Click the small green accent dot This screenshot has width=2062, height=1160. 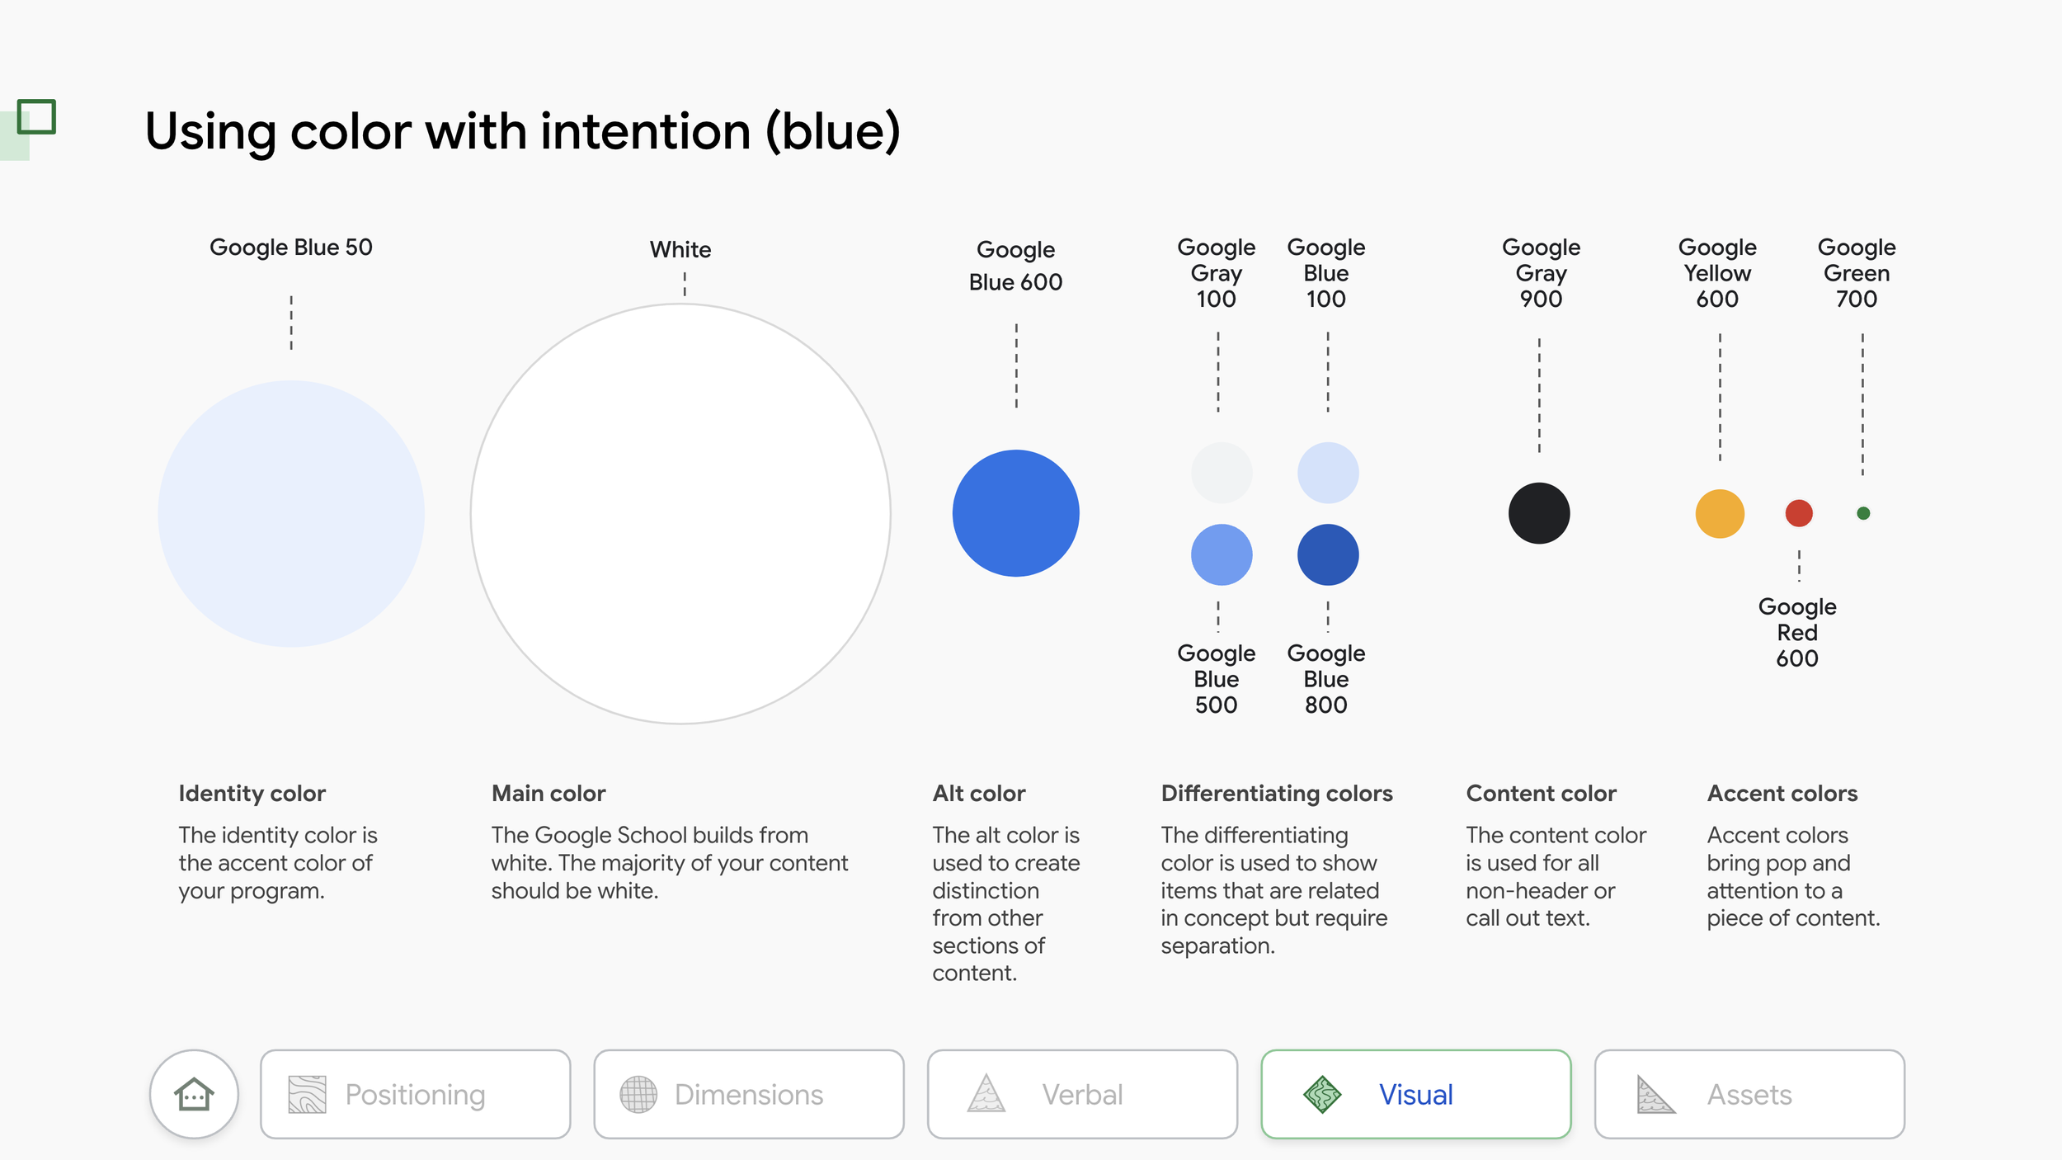pyautogui.click(x=1863, y=513)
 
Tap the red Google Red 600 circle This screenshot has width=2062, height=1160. pyautogui.click(x=1799, y=513)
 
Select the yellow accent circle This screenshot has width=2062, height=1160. pyautogui.click(x=1720, y=513)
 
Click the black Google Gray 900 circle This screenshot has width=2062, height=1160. pyautogui.click(x=1539, y=513)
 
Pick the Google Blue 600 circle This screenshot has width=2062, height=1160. pyautogui.click(x=1015, y=513)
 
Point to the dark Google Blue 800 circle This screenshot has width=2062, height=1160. pyautogui.click(x=1328, y=554)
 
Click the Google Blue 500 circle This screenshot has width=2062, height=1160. pyautogui.click(x=1222, y=554)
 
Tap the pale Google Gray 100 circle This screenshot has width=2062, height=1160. pyautogui.click(x=1222, y=473)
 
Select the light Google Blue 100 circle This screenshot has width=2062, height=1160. pyautogui.click(x=1328, y=473)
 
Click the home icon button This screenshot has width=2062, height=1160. pyautogui.click(x=194, y=1094)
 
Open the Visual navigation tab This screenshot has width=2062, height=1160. pyautogui.click(x=1415, y=1094)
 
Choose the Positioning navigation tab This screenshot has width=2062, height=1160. pyautogui.click(x=415, y=1094)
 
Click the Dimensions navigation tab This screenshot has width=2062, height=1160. pyautogui.click(x=748, y=1094)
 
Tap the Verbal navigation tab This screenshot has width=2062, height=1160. pyautogui.click(x=1082, y=1094)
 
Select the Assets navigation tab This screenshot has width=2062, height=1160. pyautogui.click(x=1749, y=1094)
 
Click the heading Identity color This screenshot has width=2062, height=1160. pyautogui.click(x=252, y=794)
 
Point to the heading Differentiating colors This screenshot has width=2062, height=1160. pyautogui.click(x=1277, y=794)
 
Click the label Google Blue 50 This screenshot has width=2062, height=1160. pyautogui.click(x=291, y=248)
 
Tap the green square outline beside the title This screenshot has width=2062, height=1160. pyautogui.click(x=36, y=117)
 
